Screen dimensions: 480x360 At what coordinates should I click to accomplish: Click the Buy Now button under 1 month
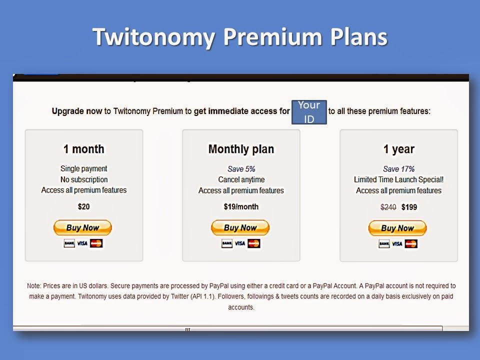82,227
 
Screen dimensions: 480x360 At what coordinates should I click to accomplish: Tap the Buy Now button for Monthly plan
240,227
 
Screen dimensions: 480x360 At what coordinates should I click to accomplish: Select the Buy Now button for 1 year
397,228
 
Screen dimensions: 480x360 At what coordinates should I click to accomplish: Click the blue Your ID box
309,112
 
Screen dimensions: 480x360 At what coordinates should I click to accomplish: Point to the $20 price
84,206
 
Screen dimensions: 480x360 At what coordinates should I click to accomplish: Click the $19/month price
241,206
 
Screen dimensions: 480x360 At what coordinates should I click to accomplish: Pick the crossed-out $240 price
388,207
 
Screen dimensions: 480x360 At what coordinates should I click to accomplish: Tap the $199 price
409,207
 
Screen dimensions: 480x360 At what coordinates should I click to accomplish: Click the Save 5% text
241,169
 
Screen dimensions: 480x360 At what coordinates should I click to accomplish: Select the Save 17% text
398,169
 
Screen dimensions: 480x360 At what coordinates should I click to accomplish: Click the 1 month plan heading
84,149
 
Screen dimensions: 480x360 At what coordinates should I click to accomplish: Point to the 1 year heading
399,149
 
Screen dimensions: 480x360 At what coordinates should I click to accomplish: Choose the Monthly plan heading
241,149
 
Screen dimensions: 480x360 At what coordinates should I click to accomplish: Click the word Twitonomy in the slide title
153,37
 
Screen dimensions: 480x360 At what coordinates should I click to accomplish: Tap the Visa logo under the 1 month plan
82,243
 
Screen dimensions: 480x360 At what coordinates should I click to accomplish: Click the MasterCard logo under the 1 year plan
411,244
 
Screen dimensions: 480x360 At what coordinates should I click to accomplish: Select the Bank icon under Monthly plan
227,243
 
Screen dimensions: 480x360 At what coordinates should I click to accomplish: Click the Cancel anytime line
241,179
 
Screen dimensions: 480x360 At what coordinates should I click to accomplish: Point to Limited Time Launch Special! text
398,179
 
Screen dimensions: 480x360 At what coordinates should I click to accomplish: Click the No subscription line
84,179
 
